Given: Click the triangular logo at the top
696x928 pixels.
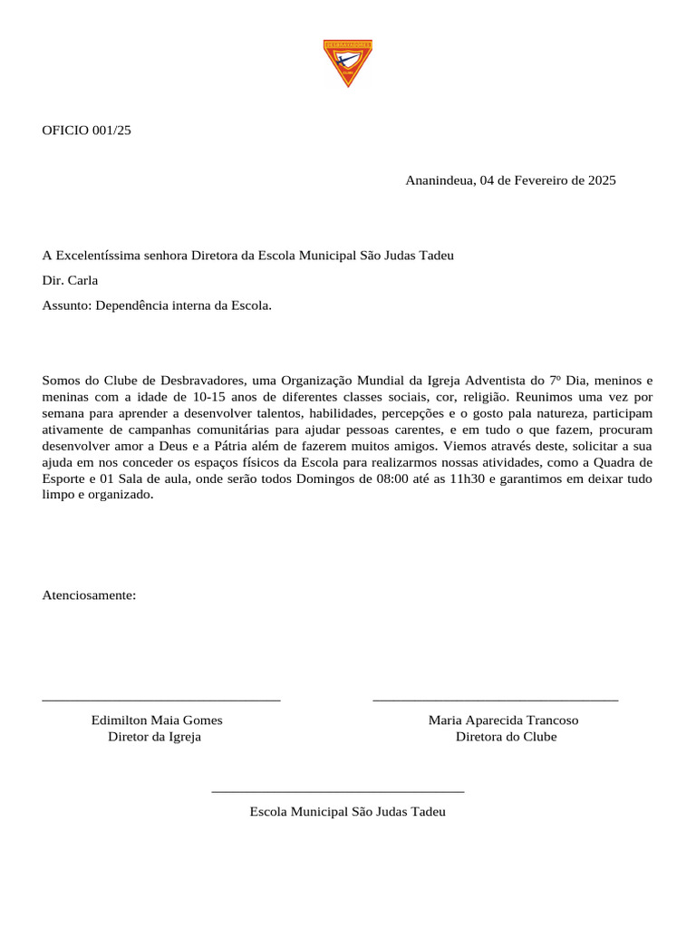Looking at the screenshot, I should pyautogui.click(x=347, y=62).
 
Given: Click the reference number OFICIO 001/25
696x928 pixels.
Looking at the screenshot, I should pyautogui.click(x=86, y=130).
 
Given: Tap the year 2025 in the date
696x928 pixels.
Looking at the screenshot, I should pyautogui.click(x=602, y=180).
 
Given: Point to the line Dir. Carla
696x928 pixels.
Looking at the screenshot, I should pyautogui.click(x=70, y=280).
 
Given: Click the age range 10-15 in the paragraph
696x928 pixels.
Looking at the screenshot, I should pyautogui.click(x=211, y=397).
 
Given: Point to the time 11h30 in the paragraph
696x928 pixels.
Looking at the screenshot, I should pyautogui.click(x=467, y=478).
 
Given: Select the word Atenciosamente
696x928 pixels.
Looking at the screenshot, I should pyautogui.click(x=89, y=595).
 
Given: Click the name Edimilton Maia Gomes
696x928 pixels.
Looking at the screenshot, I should pyautogui.click(x=157, y=720).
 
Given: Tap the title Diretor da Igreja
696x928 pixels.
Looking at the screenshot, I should pyautogui.click(x=154, y=737).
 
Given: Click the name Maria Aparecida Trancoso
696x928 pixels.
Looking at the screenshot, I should pyautogui.click(x=503, y=720).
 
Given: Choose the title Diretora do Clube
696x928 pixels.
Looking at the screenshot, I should pyautogui.click(x=506, y=737).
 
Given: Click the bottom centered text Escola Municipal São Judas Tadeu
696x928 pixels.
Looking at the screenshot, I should pyautogui.click(x=347, y=812).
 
